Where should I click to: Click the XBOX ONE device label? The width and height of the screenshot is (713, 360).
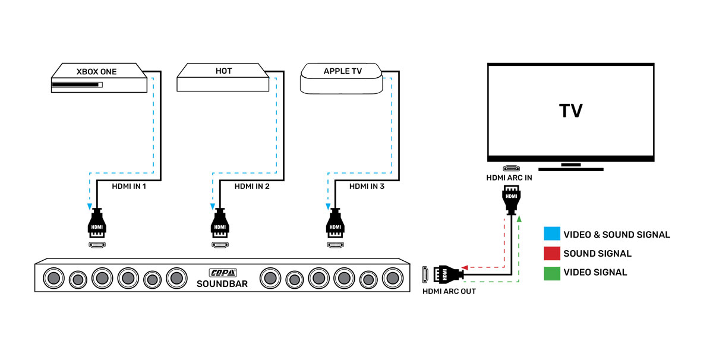click(x=96, y=72)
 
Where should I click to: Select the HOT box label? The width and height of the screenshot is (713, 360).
click(x=223, y=71)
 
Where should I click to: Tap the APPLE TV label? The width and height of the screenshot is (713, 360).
click(x=343, y=71)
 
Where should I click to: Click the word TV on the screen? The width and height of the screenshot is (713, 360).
click(x=570, y=110)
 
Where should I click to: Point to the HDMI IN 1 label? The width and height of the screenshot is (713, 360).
click(x=128, y=187)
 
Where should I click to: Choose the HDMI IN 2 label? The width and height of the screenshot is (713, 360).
click(x=252, y=187)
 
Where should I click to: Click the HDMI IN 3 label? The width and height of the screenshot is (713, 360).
click(x=367, y=187)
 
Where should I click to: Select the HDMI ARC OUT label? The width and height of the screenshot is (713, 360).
click(x=449, y=292)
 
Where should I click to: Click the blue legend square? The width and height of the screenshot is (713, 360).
click(x=552, y=234)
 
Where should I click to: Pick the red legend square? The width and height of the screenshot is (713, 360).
click(x=552, y=253)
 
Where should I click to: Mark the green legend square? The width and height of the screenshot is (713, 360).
click(x=552, y=272)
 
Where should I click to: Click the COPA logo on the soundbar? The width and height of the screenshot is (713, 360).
click(x=223, y=273)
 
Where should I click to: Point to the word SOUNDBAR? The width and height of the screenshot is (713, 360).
click(x=222, y=284)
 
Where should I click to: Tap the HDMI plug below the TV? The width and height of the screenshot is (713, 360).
click(x=512, y=199)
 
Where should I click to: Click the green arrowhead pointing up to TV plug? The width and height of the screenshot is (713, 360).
click(x=519, y=219)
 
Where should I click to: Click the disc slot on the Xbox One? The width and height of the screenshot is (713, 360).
click(x=75, y=85)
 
